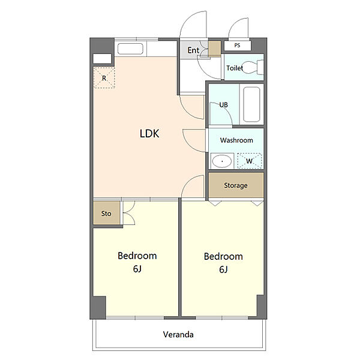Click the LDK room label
(x=149, y=133)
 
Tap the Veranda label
(x=178, y=335)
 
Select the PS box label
(x=237, y=45)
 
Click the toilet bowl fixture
(x=253, y=67)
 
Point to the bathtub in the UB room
(x=251, y=104)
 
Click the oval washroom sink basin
(x=222, y=161)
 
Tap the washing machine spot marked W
(x=250, y=161)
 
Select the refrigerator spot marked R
(x=104, y=77)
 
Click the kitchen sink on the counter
(x=130, y=49)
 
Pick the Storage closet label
(x=236, y=185)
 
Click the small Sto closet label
(x=106, y=214)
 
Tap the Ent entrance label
(x=193, y=50)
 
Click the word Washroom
(x=236, y=140)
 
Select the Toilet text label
(x=235, y=68)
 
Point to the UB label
(x=223, y=105)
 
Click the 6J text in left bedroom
(x=137, y=269)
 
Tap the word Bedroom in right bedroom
(x=223, y=256)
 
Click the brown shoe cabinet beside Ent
(x=214, y=49)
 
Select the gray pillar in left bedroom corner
(x=99, y=307)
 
